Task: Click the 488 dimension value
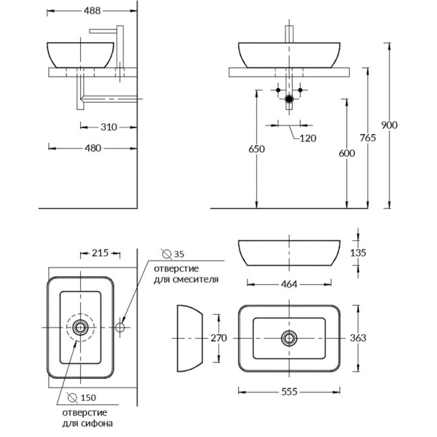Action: coord(92,12)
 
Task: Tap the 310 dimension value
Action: coord(109,127)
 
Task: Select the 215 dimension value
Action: coord(100,253)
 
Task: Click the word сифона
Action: coord(98,422)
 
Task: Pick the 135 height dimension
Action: coord(358,253)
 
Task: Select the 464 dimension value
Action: coord(289,284)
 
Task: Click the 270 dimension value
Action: coord(220,338)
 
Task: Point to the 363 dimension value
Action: coord(358,338)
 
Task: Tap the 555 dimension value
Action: coord(290,391)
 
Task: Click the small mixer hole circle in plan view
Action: coord(119,328)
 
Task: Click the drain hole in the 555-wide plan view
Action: coord(290,337)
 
